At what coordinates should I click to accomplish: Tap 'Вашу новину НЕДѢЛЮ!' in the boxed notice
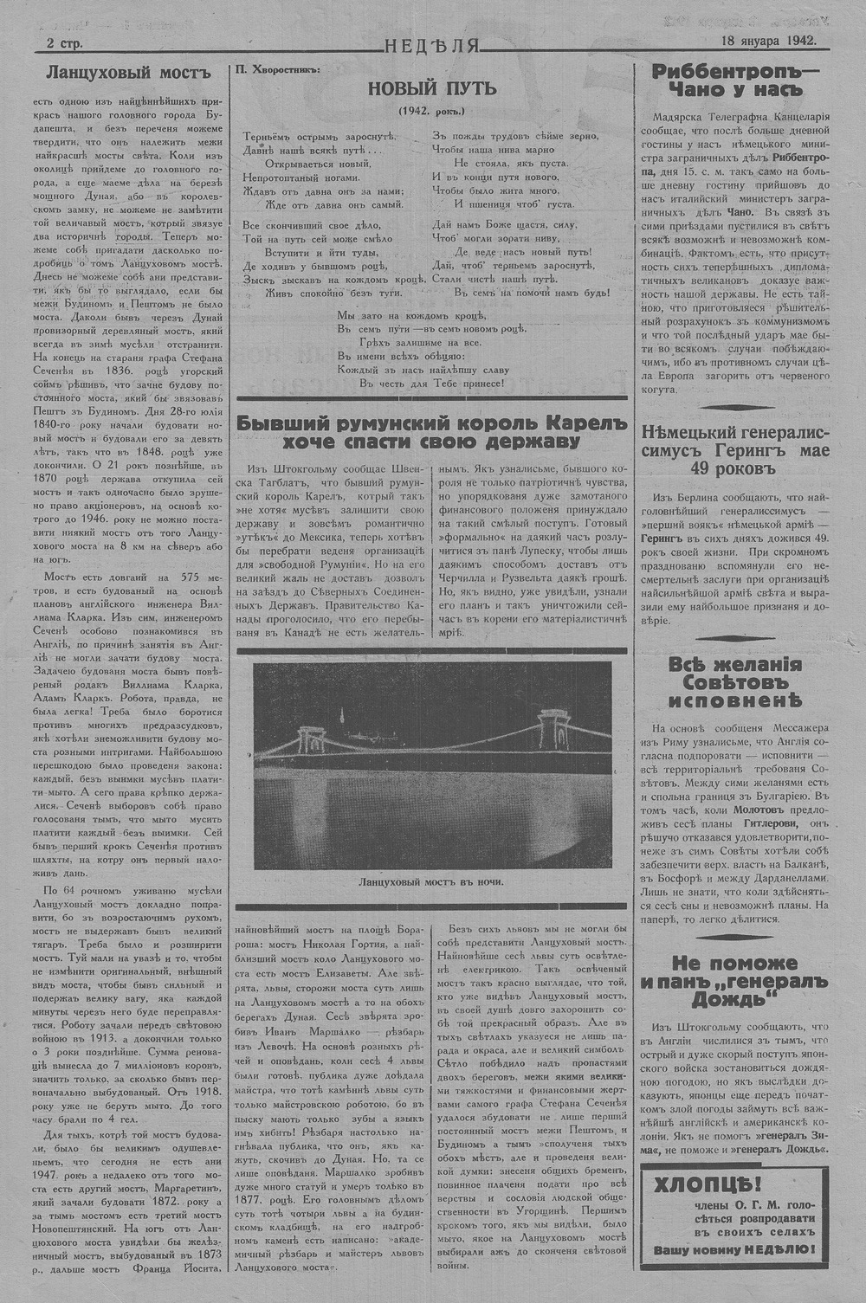pyautogui.click(x=739, y=1248)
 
